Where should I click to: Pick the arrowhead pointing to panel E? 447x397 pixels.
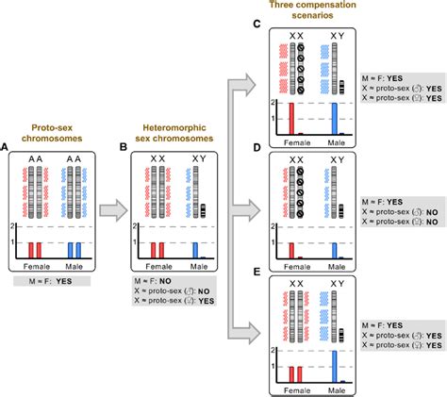click(x=249, y=330)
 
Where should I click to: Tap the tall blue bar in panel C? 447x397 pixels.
click(x=333, y=119)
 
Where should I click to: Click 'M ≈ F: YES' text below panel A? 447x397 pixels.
click(x=57, y=280)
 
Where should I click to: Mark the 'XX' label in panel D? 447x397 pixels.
click(x=294, y=161)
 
